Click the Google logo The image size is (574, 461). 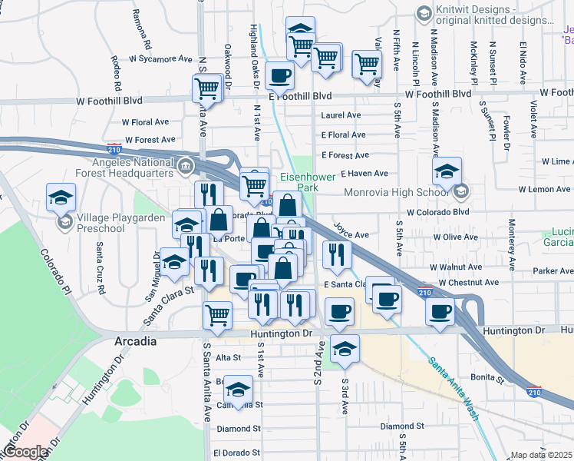point(25,452)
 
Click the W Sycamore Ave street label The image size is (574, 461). point(160,58)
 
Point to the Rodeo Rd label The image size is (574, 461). point(117,68)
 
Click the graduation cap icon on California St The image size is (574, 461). point(239,389)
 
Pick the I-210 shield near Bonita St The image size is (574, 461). point(534,391)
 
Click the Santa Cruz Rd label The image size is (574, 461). point(100,260)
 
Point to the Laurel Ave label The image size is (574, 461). point(341,115)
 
